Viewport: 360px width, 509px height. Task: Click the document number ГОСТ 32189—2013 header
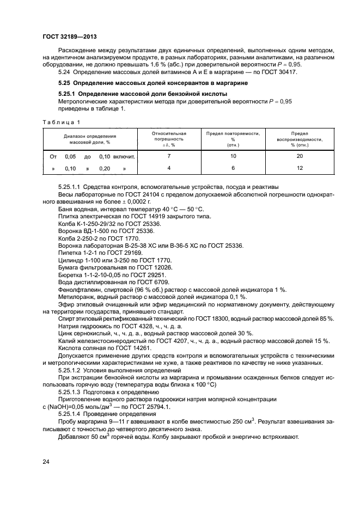[x=66, y=36]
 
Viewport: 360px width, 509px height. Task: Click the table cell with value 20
[x=299, y=156]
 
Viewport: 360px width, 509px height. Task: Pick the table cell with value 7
[x=169, y=156]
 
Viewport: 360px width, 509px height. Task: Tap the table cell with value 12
[x=299, y=168]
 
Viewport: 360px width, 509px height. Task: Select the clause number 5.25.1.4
[x=72, y=413]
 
